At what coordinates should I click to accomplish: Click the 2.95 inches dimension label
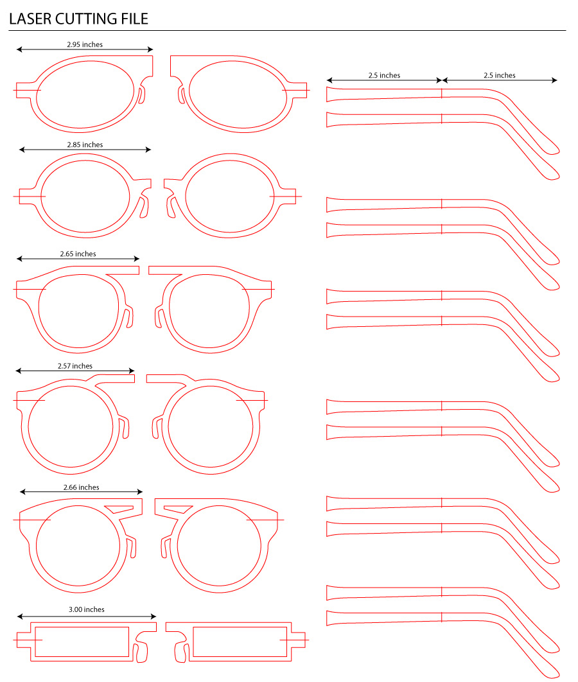85,44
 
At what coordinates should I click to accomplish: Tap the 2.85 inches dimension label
85,144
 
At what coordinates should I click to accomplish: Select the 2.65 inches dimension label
78,254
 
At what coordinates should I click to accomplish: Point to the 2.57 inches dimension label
74,366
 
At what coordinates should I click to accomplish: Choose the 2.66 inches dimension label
82,487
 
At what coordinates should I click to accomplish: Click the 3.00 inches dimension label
87,609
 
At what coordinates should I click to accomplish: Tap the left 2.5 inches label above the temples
384,75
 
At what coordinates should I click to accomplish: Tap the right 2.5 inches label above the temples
499,75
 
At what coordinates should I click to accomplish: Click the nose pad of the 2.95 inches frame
141,95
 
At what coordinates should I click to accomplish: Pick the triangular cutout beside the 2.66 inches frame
118,509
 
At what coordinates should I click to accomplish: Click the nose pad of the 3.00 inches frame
142,653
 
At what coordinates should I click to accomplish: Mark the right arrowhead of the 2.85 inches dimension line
148,150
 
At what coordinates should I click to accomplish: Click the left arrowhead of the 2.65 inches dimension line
19,259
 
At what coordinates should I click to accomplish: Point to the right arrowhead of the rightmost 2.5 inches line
554,80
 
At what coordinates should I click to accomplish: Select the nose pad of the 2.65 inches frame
129,316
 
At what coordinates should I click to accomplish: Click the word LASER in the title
30,19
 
